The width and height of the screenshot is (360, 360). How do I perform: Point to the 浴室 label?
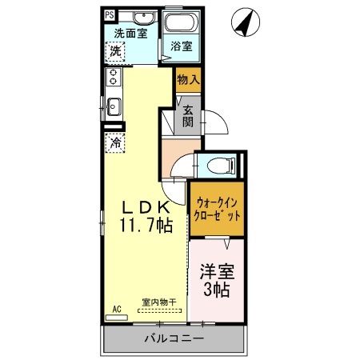(x=182, y=47)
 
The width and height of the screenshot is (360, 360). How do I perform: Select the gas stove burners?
(x=113, y=78)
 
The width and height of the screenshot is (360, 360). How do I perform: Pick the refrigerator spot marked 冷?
(x=115, y=145)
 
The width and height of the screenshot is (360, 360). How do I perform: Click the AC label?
(x=115, y=308)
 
